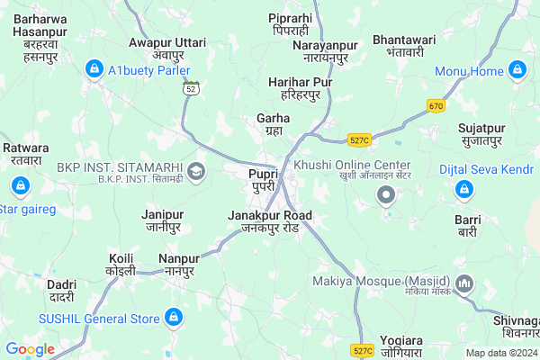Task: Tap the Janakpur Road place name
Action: pyautogui.click(x=270, y=221)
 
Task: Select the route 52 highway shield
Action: pyautogui.click(x=190, y=90)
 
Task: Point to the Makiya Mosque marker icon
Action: pyautogui.click(x=465, y=285)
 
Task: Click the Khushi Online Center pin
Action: pyautogui.click(x=387, y=194)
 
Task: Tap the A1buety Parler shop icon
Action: pyautogui.click(x=94, y=68)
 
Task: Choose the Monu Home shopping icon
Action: pyautogui.click(x=517, y=69)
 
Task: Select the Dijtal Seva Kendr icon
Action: pyautogui.click(x=465, y=189)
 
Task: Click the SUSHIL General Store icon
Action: pyautogui.click(x=174, y=317)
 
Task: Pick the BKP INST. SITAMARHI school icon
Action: pyautogui.click(x=196, y=169)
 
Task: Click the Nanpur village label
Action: pyautogui.click(x=185, y=265)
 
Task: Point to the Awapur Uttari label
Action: pyautogui.click(x=167, y=49)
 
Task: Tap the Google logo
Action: pyautogui.click(x=30, y=349)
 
